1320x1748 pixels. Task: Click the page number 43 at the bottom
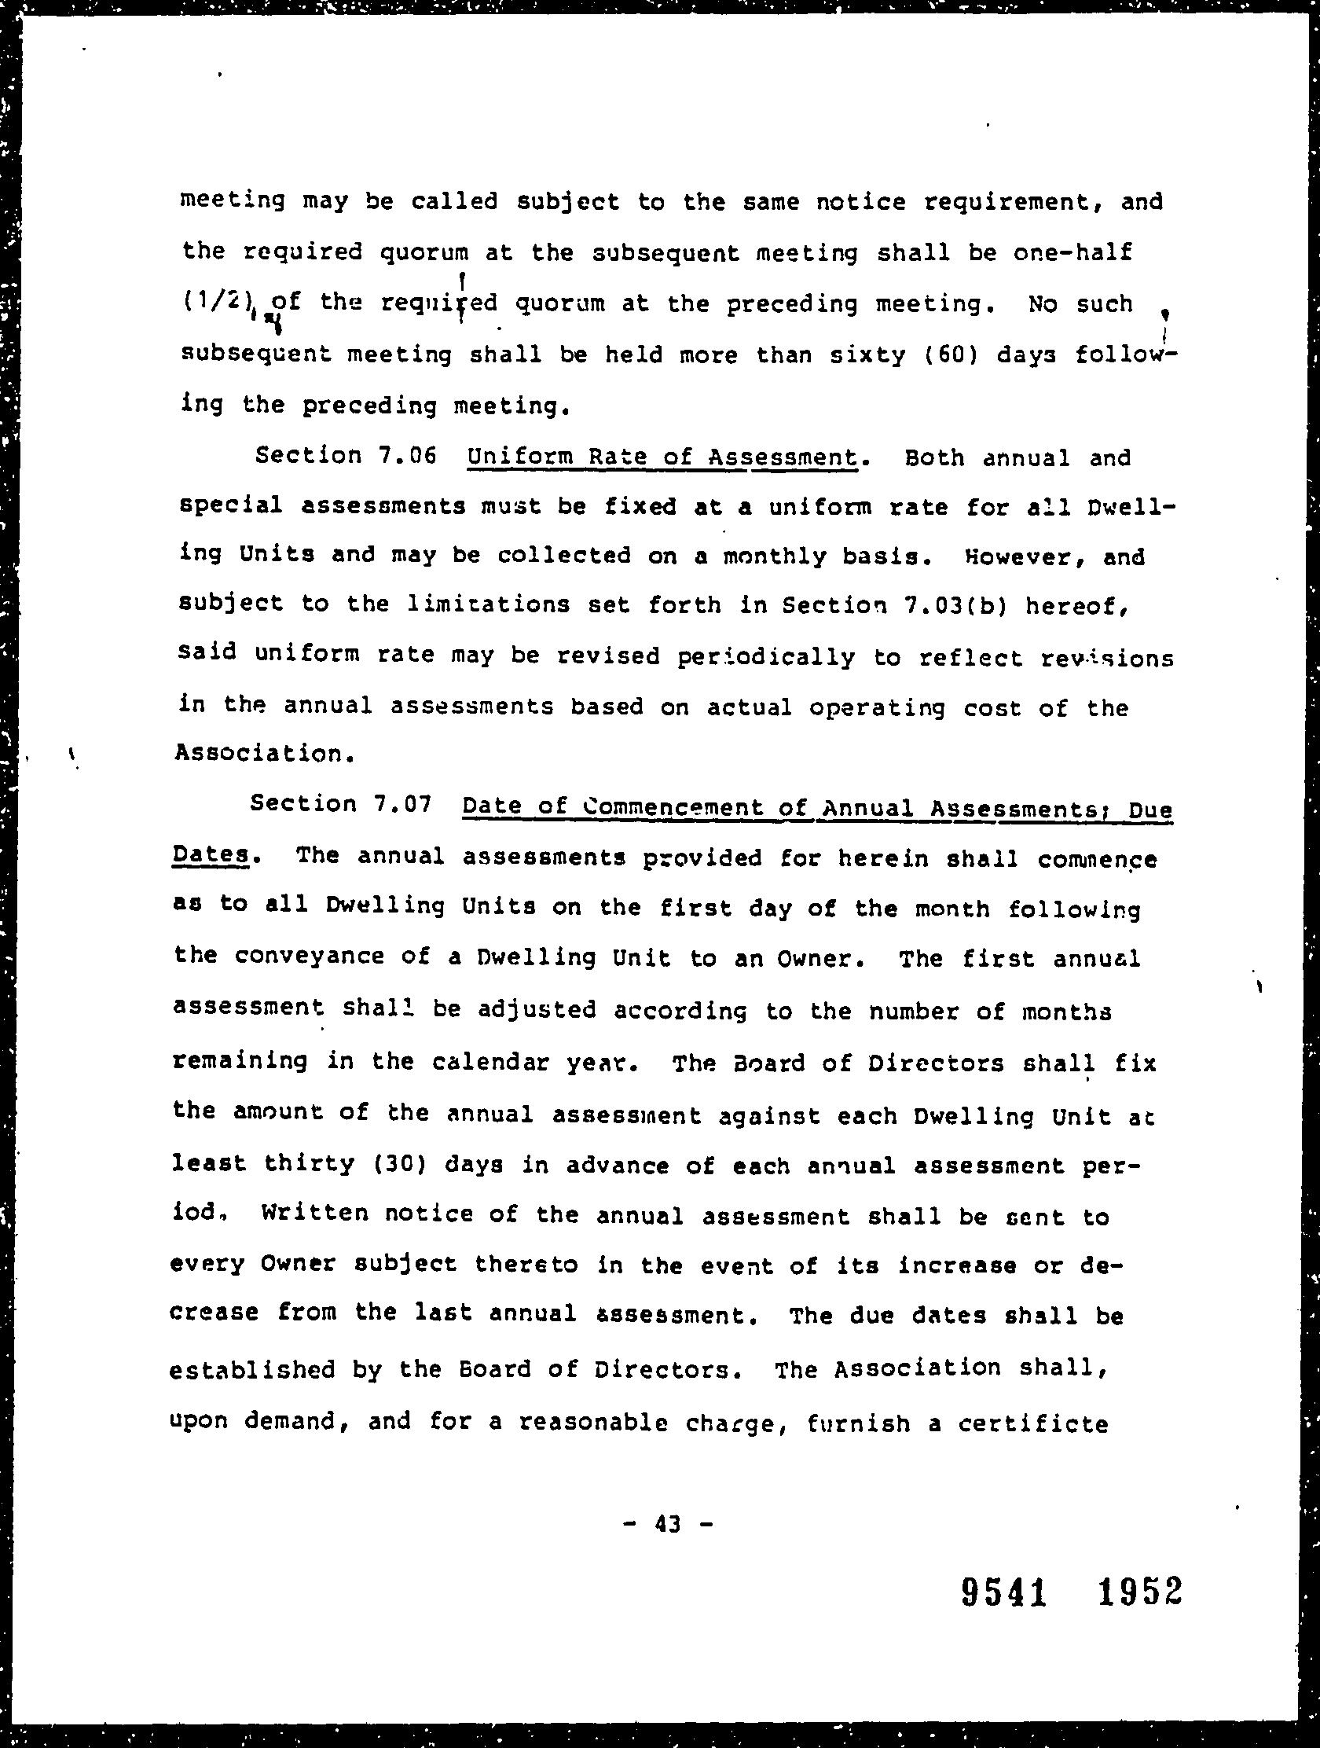(x=668, y=1522)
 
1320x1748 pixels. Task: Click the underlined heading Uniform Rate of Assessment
(x=662, y=457)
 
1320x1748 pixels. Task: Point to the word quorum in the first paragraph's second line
(x=424, y=254)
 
